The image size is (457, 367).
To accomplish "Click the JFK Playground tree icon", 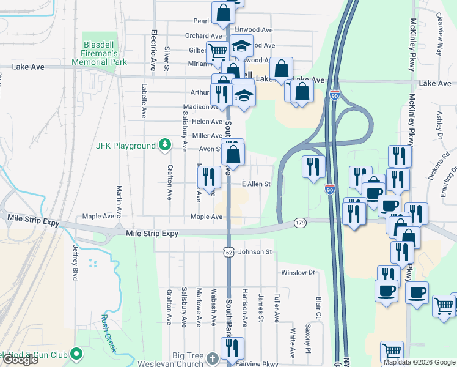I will click(164, 145).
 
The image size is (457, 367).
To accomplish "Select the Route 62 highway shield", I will click(228, 251).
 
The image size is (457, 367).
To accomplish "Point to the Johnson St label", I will click(255, 251).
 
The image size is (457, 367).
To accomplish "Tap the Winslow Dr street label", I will click(298, 273).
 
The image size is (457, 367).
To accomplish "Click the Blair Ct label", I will click(319, 308).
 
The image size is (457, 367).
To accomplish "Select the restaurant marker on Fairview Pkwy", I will click(232, 349).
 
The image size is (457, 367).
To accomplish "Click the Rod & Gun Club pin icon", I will click(76, 354).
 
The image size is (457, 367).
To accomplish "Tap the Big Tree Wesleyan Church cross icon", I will click(212, 357).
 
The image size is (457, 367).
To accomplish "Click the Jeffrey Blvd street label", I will click(76, 262).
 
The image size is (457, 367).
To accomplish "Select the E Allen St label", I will click(256, 183).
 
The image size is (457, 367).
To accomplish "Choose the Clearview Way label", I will click(439, 40).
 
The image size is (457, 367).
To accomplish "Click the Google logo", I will click(20, 360).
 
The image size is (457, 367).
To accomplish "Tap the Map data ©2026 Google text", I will click(419, 362).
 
